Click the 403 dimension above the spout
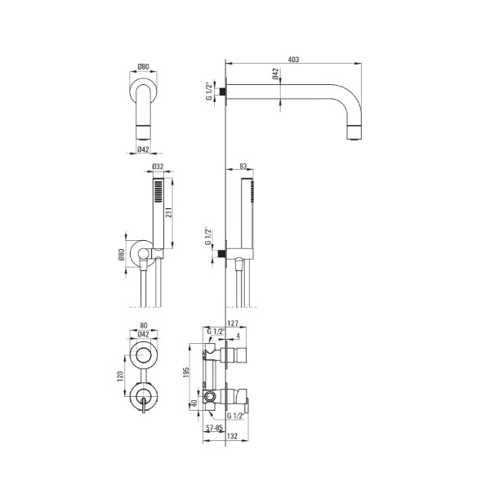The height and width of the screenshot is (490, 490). [293, 60]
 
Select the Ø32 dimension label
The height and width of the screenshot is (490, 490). [158, 167]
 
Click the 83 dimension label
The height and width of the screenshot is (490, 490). [243, 167]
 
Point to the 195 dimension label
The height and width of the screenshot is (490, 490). [186, 372]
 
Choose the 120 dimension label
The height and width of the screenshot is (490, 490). [120, 376]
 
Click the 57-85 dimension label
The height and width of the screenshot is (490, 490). [214, 428]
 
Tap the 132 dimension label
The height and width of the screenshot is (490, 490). [232, 436]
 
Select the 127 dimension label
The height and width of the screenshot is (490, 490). [233, 323]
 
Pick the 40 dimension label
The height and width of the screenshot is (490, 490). [194, 403]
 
